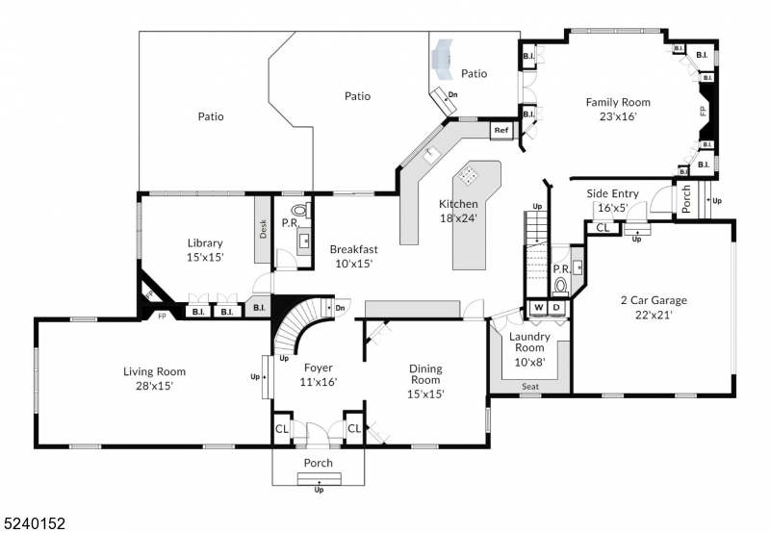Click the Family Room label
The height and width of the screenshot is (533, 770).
click(618, 102)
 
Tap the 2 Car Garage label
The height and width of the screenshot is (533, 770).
click(653, 300)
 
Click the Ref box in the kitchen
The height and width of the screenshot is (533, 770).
click(500, 131)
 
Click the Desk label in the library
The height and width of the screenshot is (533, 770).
click(263, 229)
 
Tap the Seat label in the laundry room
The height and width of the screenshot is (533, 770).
click(529, 387)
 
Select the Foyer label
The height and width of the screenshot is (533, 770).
click(319, 368)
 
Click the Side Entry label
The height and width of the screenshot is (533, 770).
click(612, 193)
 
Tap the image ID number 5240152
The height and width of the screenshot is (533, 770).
click(35, 523)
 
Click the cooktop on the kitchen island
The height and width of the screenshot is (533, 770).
click(469, 175)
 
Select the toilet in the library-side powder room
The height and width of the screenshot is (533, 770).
click(299, 209)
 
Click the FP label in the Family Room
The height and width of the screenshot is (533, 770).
click(703, 112)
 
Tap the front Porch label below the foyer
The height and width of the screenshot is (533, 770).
click(319, 463)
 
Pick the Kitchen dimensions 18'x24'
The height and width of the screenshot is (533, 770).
click(458, 217)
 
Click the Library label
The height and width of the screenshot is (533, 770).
click(205, 243)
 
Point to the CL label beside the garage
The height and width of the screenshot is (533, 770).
click(602, 228)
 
